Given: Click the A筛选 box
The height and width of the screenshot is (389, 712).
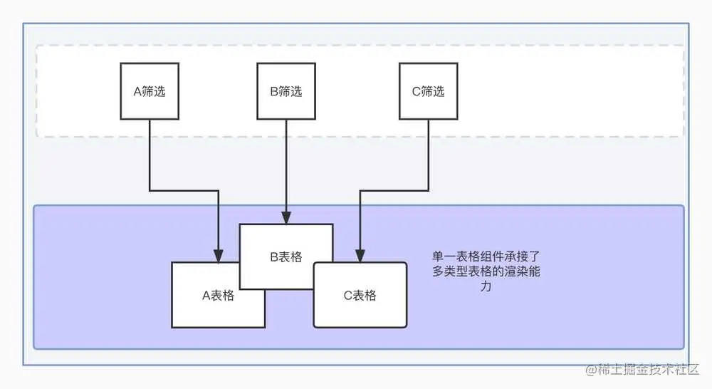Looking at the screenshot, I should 150,91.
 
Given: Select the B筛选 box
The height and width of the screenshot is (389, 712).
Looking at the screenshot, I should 286,91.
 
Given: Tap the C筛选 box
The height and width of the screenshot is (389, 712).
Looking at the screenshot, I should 428,91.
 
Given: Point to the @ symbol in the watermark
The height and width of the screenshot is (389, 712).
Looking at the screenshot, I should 590,370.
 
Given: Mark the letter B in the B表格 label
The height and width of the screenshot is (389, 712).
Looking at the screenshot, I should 273,257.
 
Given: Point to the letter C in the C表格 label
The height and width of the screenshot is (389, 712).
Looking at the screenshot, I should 347,296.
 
